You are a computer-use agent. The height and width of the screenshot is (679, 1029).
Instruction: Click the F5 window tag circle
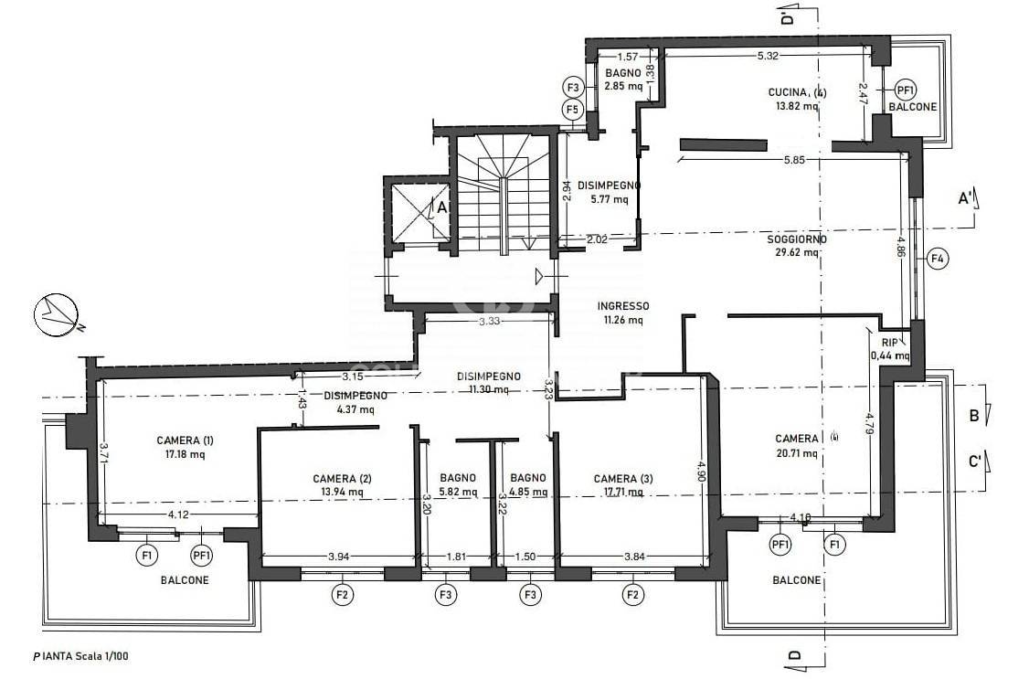(573, 110)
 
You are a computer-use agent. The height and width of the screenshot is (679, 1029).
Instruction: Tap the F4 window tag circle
(938, 259)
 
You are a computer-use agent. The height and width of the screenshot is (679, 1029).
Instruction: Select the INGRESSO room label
(622, 306)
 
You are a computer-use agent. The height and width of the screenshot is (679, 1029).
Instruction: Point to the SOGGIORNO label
(797, 239)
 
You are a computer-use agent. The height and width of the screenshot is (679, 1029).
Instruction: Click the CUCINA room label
(787, 92)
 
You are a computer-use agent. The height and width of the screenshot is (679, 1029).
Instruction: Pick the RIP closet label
(890, 342)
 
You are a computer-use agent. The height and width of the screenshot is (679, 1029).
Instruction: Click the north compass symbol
(57, 315)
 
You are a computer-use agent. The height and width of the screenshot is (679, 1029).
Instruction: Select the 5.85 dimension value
(794, 159)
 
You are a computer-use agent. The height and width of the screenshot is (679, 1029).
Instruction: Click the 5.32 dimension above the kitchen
(768, 56)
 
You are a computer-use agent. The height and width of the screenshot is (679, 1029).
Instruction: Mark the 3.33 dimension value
(490, 322)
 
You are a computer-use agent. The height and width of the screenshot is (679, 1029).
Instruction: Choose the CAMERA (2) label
(342, 479)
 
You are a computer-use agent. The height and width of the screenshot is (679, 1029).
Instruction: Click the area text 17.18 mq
(186, 454)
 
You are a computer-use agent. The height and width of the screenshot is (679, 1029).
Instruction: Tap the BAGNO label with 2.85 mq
(622, 73)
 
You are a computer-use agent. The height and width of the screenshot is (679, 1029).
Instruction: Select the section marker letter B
(974, 415)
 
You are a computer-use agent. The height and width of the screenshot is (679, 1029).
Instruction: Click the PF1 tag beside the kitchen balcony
(906, 90)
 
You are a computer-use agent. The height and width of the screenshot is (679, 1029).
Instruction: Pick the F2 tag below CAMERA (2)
(343, 595)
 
